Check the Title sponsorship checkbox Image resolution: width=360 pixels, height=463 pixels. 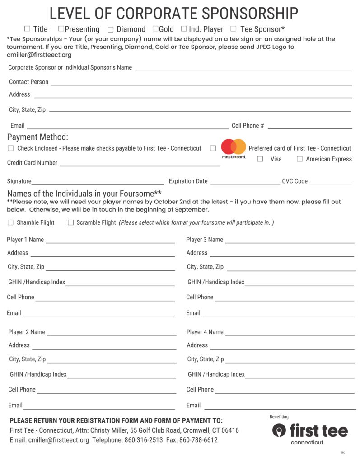(x=28, y=29)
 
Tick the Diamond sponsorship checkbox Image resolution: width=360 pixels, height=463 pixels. (x=111, y=30)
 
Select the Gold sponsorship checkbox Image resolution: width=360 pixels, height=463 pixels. (x=155, y=29)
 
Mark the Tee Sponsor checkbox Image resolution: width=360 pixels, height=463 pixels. (x=234, y=29)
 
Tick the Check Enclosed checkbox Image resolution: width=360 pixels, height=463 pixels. (x=11, y=148)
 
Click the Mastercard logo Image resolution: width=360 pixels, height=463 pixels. (x=234, y=148)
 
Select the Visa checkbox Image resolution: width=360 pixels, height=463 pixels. (x=260, y=159)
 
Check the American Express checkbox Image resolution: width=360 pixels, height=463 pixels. (x=299, y=159)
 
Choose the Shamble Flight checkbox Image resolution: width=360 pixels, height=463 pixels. (x=11, y=222)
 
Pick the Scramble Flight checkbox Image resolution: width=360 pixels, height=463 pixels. (x=70, y=222)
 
